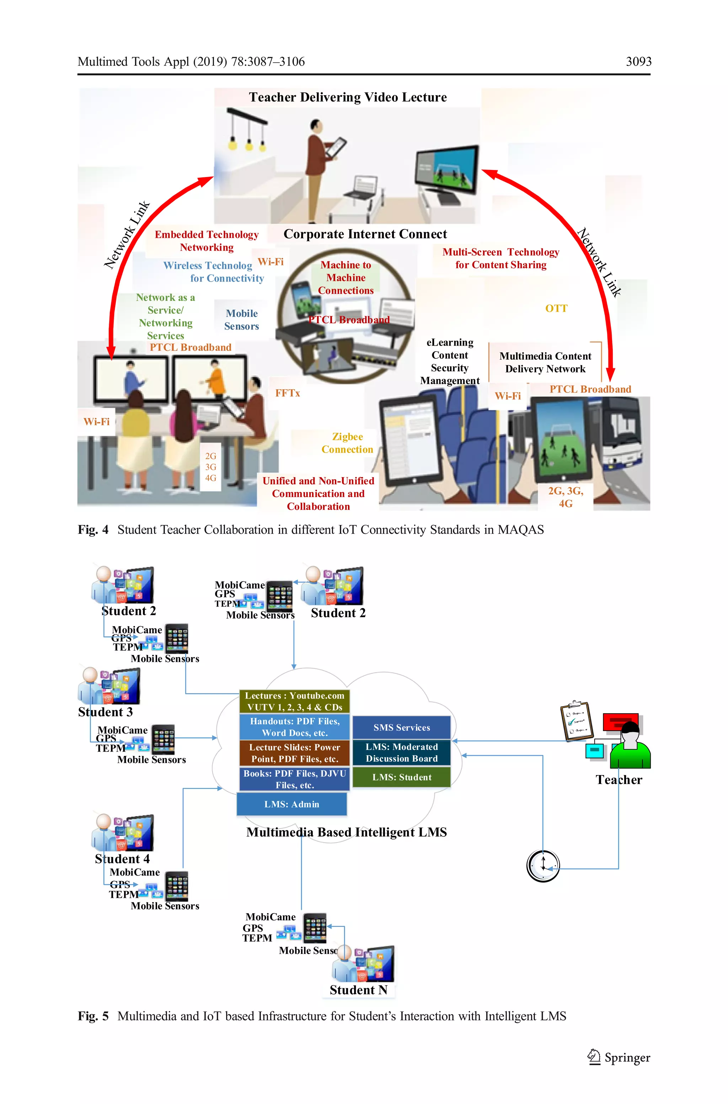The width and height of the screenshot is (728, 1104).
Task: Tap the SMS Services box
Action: click(x=402, y=727)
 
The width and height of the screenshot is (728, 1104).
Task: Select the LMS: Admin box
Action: click(x=291, y=804)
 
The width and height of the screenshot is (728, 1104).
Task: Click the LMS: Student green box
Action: click(x=402, y=777)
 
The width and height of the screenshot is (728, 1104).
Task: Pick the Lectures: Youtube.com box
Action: click(x=295, y=701)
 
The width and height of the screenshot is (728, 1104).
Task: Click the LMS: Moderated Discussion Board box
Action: click(x=402, y=753)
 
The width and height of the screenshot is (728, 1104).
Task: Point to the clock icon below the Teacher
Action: click(x=543, y=866)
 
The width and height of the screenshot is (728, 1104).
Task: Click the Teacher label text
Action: click(x=619, y=780)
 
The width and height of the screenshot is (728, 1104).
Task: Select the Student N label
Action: click(x=358, y=990)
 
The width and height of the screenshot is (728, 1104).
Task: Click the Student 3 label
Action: click(x=105, y=712)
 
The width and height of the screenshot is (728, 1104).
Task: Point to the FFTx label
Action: click(x=287, y=393)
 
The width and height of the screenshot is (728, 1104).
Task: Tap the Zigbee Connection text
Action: click(x=347, y=443)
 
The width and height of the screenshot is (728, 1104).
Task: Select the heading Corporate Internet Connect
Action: click(x=365, y=234)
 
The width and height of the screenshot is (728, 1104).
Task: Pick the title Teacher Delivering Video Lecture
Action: click(x=348, y=97)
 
